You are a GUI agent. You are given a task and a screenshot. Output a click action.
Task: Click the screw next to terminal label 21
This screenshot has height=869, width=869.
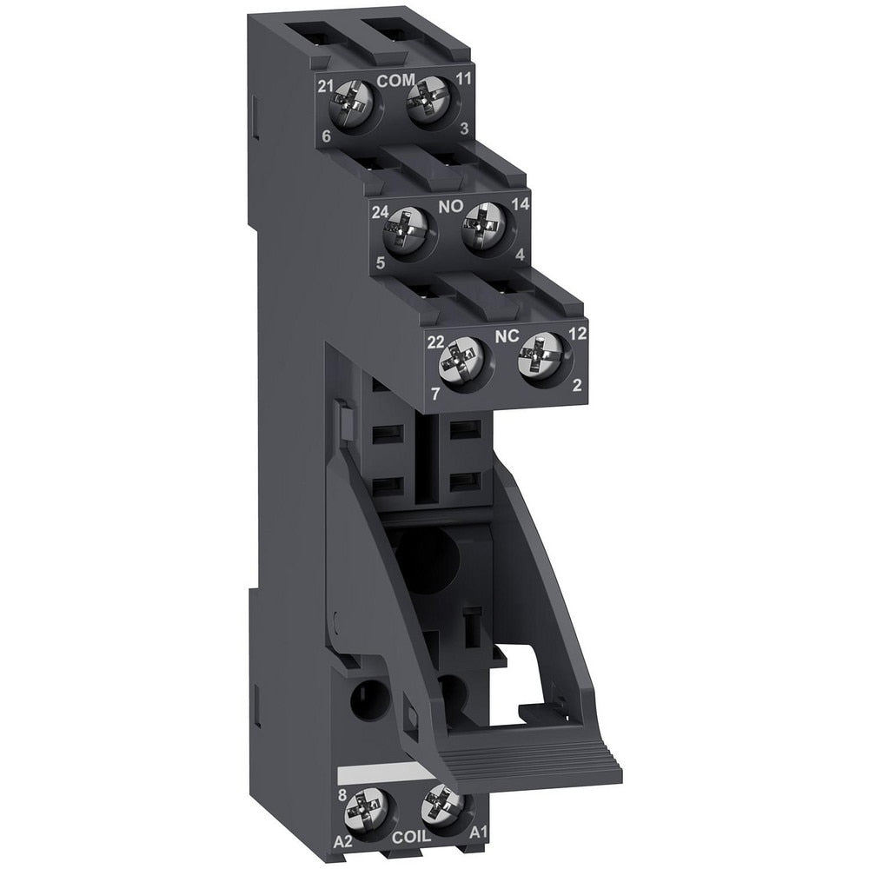354,107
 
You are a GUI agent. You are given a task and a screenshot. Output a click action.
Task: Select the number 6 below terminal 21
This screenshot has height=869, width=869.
326,137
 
